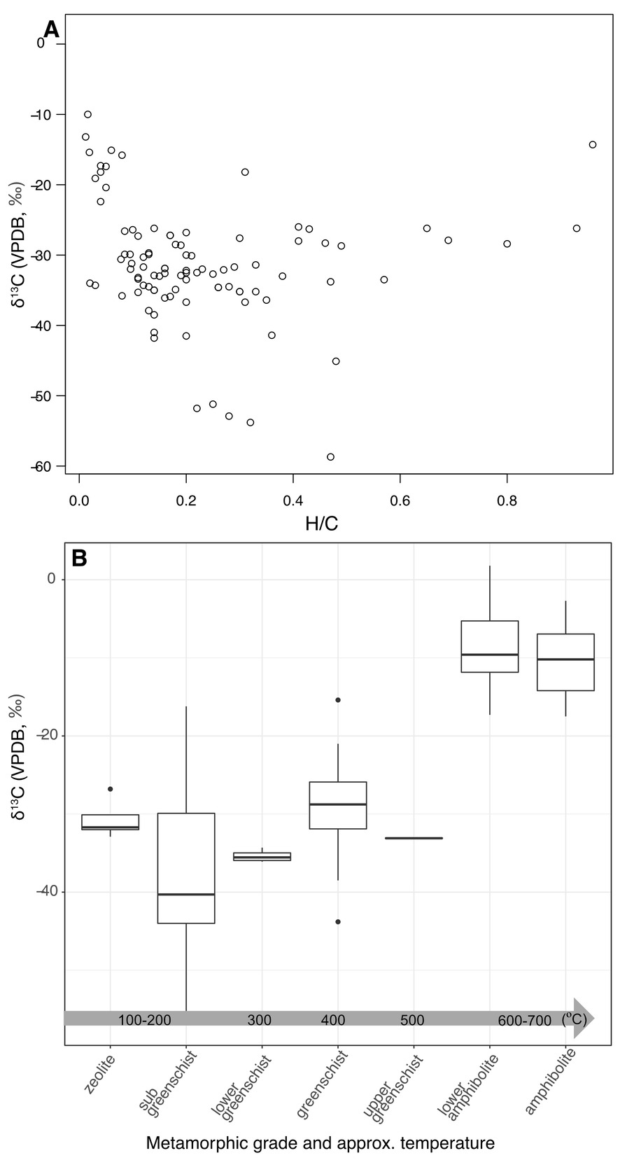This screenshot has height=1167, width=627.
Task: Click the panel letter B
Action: [x=79, y=558]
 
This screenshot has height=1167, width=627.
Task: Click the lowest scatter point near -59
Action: [x=330, y=457]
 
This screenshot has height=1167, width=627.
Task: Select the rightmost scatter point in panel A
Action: [x=593, y=145]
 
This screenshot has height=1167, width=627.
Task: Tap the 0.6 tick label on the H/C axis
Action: [x=400, y=501]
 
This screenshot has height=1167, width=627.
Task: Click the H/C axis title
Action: [x=322, y=524]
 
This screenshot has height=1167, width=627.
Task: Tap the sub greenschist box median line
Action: [x=186, y=894]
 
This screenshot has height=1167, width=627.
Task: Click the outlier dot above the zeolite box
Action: [x=110, y=789]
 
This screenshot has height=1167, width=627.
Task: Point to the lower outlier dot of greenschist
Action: [x=338, y=921]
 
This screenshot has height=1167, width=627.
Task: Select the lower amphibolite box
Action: [x=490, y=646]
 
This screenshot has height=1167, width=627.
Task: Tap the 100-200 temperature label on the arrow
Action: [x=145, y=1020]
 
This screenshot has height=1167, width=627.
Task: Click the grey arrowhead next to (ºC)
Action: [x=584, y=1018]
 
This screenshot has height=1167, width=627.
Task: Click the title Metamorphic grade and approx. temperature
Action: [x=320, y=1144]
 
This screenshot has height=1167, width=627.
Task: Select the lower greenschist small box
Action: [x=262, y=856]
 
